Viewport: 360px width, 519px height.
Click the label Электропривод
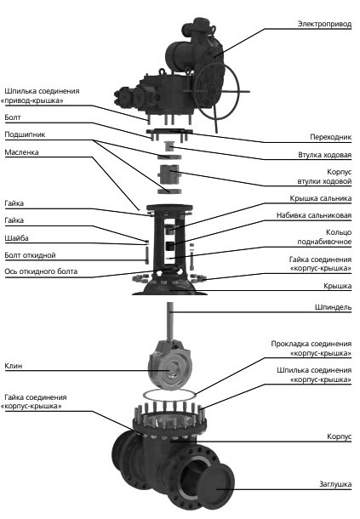(324, 24)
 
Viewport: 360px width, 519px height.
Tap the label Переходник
(330, 137)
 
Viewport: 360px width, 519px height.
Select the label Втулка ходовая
(324, 155)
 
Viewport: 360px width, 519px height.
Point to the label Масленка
(21, 152)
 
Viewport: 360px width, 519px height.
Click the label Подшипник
(25, 134)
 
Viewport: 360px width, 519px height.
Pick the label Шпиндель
(333, 307)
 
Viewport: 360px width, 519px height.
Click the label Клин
(14, 366)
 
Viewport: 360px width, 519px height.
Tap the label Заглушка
(335, 484)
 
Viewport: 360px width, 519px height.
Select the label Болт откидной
(30, 255)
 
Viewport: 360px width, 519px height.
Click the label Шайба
(16, 238)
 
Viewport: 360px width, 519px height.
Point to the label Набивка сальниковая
(314, 215)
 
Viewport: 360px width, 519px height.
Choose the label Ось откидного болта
(41, 271)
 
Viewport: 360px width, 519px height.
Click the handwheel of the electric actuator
(217, 91)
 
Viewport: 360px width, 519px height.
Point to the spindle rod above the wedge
(170, 321)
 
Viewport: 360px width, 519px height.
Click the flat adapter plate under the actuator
(169, 131)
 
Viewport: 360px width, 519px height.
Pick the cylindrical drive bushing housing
(169, 174)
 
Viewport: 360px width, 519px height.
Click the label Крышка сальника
(320, 198)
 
